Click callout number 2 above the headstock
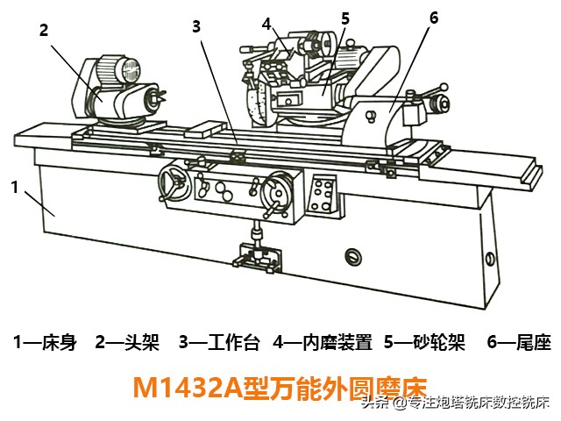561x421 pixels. (x=44, y=30)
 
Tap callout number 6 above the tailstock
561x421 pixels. (x=434, y=18)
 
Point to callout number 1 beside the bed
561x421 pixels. (x=15, y=187)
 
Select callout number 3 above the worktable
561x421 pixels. (x=196, y=27)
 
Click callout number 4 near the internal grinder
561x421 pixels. (x=266, y=25)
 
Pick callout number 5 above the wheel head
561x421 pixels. (x=344, y=18)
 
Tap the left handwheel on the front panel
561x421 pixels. (x=175, y=182)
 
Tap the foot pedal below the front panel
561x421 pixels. (x=257, y=257)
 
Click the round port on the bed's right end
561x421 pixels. (x=490, y=258)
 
